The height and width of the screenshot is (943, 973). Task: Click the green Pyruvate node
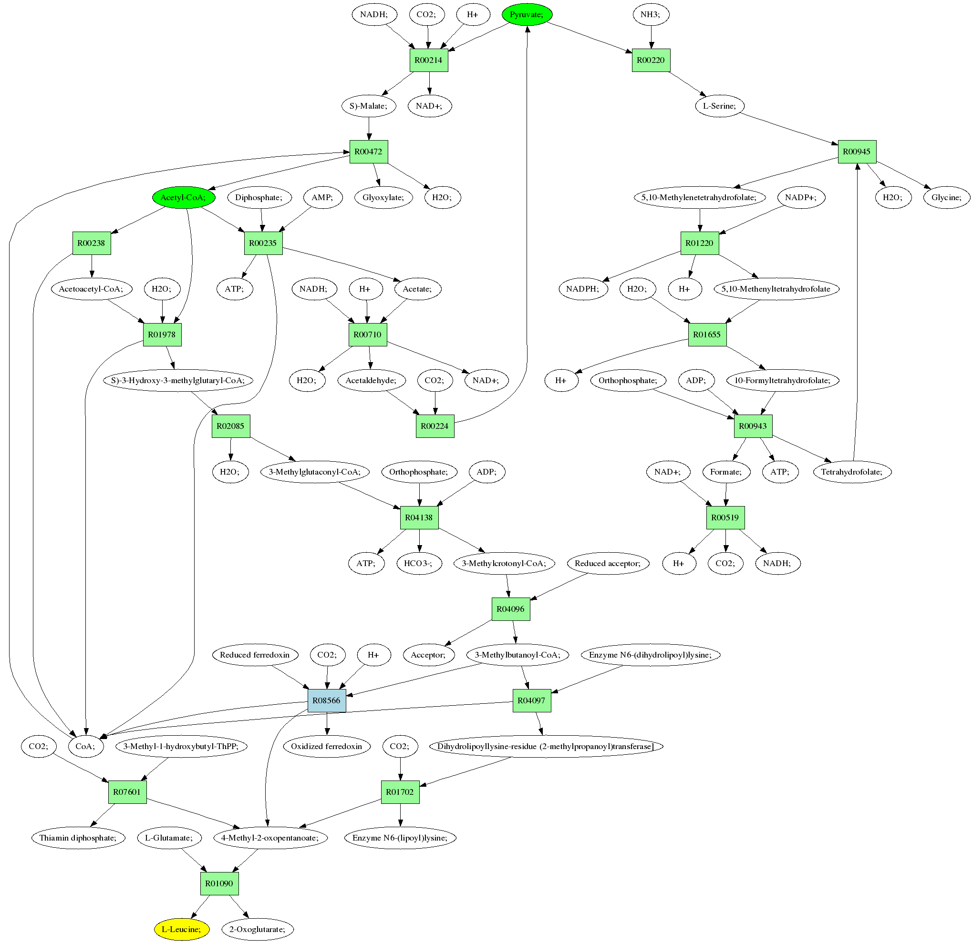click(527, 14)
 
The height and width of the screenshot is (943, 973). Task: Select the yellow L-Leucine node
click(181, 929)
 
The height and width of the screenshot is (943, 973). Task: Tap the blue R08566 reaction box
click(327, 700)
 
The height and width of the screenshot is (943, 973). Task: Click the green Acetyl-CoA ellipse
click(183, 197)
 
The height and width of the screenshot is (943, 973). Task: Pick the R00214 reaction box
click(428, 60)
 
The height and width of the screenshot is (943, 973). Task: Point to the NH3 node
click(651, 14)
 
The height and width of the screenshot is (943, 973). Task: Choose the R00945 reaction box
click(857, 152)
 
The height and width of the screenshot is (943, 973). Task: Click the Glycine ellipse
click(946, 197)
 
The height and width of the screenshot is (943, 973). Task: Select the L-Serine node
click(719, 106)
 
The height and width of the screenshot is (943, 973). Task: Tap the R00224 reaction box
click(435, 426)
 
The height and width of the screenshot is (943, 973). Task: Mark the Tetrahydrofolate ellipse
click(852, 472)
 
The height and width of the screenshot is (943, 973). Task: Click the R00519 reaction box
click(725, 517)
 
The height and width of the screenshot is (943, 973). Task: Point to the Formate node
click(726, 472)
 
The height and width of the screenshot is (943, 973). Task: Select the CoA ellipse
click(85, 746)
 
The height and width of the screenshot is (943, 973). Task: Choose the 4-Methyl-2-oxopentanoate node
click(270, 838)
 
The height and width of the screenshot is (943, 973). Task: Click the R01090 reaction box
click(219, 883)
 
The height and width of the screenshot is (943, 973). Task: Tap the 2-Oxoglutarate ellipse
click(258, 929)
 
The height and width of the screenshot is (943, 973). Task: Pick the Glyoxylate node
click(383, 197)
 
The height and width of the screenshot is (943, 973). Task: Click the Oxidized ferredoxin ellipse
click(327, 746)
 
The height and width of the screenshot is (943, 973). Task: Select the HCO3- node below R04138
click(419, 564)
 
